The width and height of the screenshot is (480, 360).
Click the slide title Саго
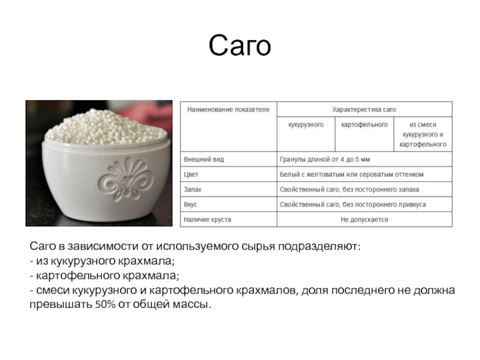[239, 46]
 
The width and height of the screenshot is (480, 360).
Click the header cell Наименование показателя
[228, 110]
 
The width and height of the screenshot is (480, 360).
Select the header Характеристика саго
[364, 110]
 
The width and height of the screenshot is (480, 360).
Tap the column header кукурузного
[306, 125]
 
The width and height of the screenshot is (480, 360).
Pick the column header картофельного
[364, 125]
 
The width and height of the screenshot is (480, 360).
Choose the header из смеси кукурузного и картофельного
[423, 134]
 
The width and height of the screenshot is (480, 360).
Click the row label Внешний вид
[203, 159]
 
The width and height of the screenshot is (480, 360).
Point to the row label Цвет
[191, 175]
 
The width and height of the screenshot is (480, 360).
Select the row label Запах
[193, 190]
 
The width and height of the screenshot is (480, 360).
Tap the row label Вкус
[190, 205]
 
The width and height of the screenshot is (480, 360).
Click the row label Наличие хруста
[207, 220]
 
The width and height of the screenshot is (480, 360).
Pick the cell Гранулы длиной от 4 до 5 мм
[325, 159]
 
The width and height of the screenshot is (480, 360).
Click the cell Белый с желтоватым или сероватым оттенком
[352, 175]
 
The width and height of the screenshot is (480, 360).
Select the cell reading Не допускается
[364, 220]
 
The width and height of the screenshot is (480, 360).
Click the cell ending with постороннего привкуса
[353, 205]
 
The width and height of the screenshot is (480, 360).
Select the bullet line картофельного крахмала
[104, 275]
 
